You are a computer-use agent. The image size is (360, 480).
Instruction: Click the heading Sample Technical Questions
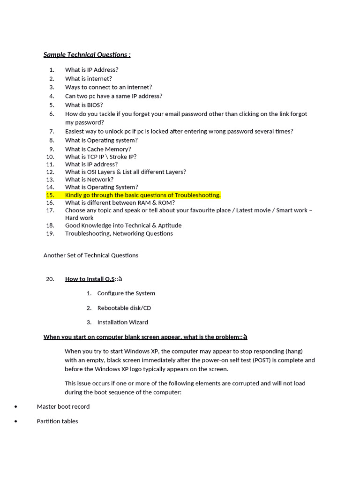tap(87, 55)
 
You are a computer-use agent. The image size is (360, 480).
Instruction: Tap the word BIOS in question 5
tap(95, 105)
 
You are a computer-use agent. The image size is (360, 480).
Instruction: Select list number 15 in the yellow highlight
tap(50, 195)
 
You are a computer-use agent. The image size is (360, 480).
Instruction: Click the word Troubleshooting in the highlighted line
tap(197, 195)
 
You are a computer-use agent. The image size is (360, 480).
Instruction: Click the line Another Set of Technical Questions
tap(91, 255)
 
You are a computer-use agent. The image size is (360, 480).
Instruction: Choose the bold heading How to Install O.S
tap(90, 279)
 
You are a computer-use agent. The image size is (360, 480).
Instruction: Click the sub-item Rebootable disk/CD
tap(124, 308)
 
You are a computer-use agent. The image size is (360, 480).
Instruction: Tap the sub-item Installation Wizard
tap(122, 322)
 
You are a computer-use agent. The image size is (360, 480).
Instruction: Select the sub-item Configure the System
tap(126, 293)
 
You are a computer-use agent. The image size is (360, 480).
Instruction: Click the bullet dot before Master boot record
tap(16, 407)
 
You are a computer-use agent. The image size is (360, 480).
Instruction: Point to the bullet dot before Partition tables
tap(16, 421)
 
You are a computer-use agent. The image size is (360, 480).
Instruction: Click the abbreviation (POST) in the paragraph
tap(261, 360)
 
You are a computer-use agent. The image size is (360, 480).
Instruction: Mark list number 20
tap(50, 279)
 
